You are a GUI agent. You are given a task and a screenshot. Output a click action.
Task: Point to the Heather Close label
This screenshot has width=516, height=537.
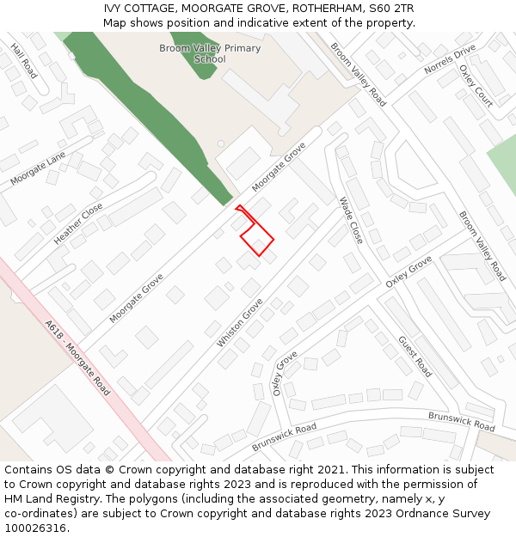coord(78,223)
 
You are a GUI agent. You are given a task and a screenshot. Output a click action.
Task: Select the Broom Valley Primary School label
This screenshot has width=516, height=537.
coord(210,53)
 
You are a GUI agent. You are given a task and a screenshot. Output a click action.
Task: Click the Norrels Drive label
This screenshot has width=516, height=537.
coord(450,60)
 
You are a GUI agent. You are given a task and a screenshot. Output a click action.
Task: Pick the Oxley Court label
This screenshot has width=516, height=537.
coord(476,86)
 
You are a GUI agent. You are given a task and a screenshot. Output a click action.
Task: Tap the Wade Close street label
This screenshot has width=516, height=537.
coord(351,221)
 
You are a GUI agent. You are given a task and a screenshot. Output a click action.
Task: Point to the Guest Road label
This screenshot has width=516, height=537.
coord(415,357)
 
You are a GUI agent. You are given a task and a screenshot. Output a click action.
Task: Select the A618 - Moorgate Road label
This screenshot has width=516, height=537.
coord(77,358)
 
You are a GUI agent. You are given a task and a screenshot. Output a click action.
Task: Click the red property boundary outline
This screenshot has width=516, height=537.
coord(256,234)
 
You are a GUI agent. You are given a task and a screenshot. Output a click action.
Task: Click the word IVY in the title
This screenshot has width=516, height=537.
coord(114,9)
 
